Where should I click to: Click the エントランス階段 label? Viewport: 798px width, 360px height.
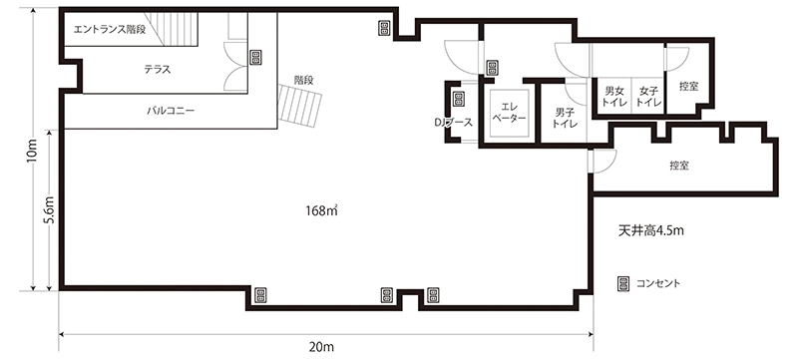[110, 30]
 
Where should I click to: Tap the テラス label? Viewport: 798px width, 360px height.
[157, 70]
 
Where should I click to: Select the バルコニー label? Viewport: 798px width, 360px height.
[171, 110]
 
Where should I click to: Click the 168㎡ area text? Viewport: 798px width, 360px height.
[321, 210]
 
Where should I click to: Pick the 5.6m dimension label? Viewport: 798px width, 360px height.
[49, 209]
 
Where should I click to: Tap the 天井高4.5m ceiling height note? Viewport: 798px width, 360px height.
[650, 230]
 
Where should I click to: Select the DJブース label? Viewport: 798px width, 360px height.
[454, 122]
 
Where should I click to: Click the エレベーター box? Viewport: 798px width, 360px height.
[510, 113]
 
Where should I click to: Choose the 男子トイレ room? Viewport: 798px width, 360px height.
[564, 113]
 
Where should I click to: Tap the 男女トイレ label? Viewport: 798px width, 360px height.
[612, 97]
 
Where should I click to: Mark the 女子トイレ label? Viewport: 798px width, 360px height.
[649, 97]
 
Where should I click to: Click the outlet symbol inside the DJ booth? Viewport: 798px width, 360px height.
[458, 99]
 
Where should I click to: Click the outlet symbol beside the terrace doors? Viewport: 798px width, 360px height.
[255, 57]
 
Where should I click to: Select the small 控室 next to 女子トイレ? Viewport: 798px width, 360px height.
[688, 87]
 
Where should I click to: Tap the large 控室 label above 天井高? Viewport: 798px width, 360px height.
[679, 166]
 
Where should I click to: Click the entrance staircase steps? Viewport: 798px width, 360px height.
[172, 29]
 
